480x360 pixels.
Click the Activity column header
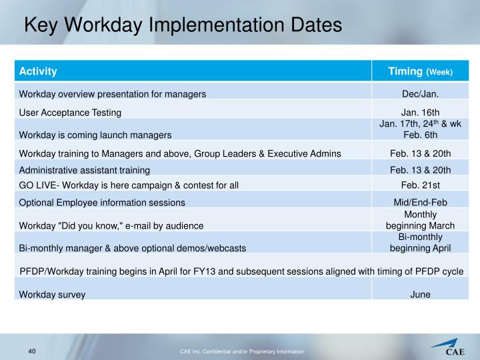[x=38, y=71]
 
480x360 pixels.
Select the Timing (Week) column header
[x=420, y=71]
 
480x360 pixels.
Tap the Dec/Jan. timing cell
[x=420, y=94]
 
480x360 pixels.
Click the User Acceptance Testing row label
[x=70, y=113]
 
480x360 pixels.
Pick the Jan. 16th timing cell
[x=420, y=113]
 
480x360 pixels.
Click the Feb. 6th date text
[x=420, y=134]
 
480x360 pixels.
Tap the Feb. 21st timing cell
[x=420, y=185]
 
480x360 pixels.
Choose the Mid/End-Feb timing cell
[x=420, y=202]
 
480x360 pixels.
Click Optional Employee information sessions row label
[x=102, y=202]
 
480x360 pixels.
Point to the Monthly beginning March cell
[x=420, y=220]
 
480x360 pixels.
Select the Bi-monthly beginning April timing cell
[x=420, y=243]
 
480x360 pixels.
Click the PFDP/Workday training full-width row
[x=241, y=271]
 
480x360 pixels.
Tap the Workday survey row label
[x=52, y=295]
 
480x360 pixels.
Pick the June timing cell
[x=420, y=294]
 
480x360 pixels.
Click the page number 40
[x=31, y=351]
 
